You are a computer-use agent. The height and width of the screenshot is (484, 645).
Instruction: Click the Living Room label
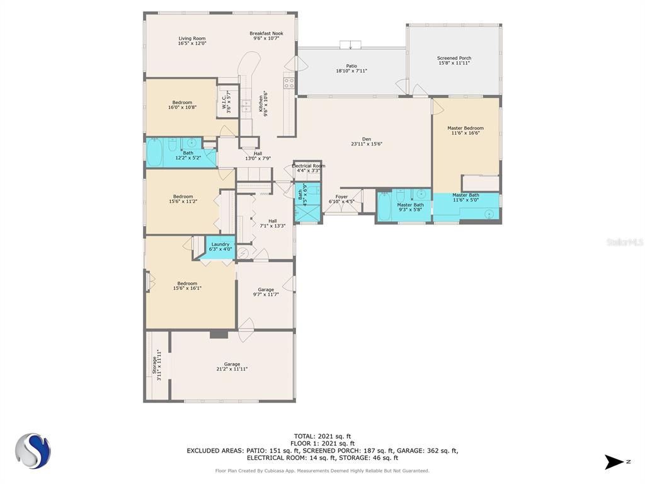point(192,38)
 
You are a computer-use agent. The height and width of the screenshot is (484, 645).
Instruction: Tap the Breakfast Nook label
point(266,33)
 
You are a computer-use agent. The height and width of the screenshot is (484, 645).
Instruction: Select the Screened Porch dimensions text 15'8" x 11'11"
point(454,63)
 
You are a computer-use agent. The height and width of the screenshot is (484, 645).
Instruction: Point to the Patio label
point(351,66)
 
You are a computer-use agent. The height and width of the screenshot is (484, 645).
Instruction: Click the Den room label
point(367,139)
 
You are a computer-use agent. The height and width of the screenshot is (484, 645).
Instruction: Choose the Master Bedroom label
point(465,128)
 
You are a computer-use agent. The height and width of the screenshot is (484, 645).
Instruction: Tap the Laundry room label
point(220,244)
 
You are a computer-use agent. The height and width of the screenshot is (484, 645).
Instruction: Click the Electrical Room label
point(309,166)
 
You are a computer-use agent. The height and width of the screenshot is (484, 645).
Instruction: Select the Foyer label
point(342,197)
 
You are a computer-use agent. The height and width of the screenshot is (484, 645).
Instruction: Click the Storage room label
point(154,365)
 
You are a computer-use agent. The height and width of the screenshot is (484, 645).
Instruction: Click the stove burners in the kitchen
point(289,84)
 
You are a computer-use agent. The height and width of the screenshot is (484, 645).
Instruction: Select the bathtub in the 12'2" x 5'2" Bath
point(156,153)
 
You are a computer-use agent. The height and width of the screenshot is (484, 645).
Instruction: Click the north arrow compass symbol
point(614,462)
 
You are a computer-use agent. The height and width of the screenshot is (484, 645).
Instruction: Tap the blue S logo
point(33,451)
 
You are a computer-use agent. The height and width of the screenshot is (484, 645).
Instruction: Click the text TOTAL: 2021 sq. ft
point(322,436)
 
